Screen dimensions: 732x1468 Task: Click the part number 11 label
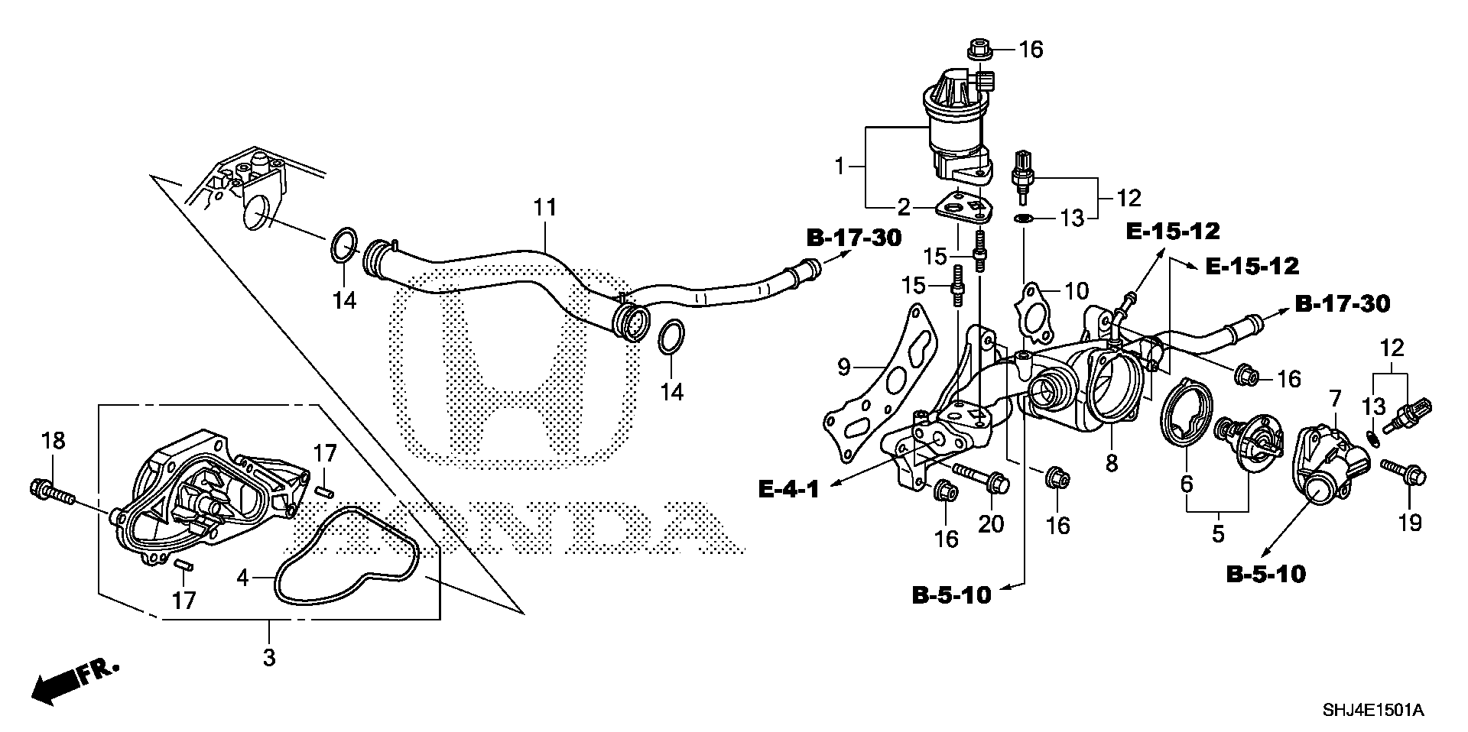pyautogui.click(x=544, y=208)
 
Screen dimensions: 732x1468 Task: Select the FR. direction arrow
pyautogui.click(x=75, y=680)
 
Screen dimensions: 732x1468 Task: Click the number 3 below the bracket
pyautogui.click(x=268, y=656)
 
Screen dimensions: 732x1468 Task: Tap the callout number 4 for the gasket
pyautogui.click(x=242, y=578)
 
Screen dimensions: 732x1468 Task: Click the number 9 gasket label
pyautogui.click(x=843, y=368)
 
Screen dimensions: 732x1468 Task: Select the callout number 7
pyautogui.click(x=1335, y=398)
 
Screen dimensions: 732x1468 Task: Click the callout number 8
pyautogui.click(x=1111, y=462)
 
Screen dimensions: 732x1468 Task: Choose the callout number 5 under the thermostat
pyautogui.click(x=1217, y=533)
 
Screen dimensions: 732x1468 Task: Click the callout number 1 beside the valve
pyautogui.click(x=839, y=165)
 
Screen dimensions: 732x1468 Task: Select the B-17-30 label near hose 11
pyautogui.click(x=854, y=238)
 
